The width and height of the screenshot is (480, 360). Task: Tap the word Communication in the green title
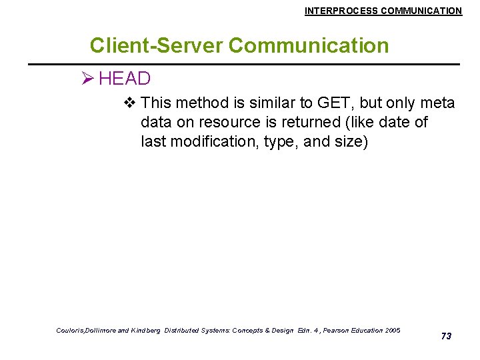[x=308, y=45]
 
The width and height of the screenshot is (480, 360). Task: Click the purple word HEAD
[x=125, y=79]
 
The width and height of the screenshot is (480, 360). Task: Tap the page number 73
[x=446, y=336]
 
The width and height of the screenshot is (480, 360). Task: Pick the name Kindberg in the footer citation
[x=145, y=331]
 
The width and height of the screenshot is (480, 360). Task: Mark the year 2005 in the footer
[x=393, y=331]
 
